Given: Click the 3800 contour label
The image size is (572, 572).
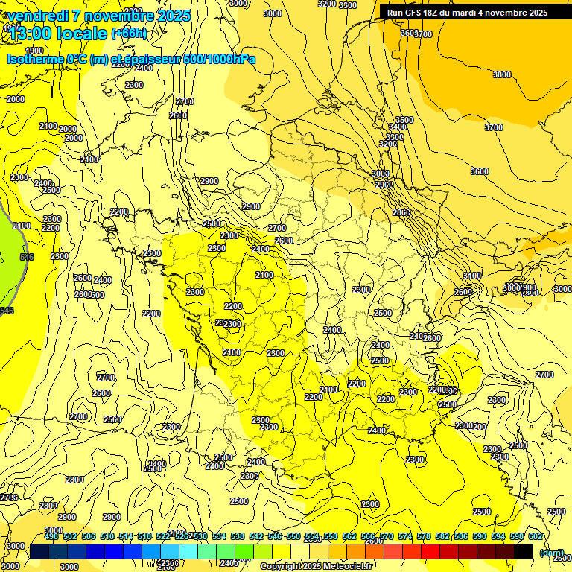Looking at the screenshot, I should pos(502,74).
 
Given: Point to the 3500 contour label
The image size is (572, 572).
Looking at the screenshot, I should pos(404,120).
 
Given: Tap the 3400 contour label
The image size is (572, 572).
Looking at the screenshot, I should pos(398,127).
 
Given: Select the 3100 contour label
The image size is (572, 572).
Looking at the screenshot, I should pos(471,276).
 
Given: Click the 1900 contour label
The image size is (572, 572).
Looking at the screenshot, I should pos(34,51).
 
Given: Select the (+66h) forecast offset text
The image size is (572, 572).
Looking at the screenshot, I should pos(129,34).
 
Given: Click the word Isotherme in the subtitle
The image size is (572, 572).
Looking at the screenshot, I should pos(35,59).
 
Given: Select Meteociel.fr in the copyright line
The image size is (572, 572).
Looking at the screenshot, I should pos(349,567).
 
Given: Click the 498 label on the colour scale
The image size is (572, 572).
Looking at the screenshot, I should pos(51,536).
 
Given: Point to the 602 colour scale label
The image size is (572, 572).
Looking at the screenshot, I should pos(536,536).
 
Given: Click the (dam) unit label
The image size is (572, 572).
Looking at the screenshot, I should pos(552,553).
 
